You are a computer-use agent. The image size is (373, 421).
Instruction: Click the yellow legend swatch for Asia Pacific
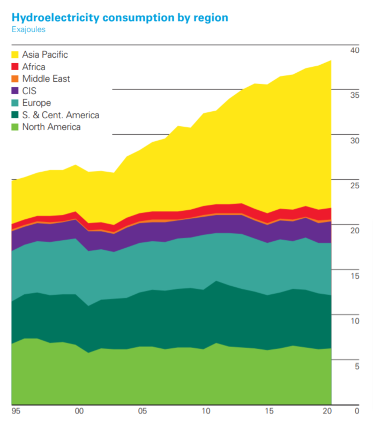(16, 55)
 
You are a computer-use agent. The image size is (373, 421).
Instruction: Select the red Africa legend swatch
(16, 67)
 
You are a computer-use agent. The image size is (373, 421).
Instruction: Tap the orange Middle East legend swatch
(16, 79)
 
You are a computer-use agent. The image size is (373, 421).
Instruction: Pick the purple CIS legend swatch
(16, 91)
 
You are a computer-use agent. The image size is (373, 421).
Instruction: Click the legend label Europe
(36, 103)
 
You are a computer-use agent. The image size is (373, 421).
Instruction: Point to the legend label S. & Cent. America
(61, 115)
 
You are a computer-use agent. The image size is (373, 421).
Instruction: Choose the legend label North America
(51, 127)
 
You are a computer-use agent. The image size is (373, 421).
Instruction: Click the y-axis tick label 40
(354, 50)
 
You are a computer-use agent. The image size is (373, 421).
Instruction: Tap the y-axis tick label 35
(354, 95)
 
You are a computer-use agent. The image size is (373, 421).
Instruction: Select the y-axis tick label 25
(354, 185)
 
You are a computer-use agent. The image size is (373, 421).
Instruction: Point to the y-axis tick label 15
(354, 275)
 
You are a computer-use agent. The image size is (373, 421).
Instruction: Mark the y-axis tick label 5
(356, 366)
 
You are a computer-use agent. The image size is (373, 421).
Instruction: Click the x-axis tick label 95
(16, 411)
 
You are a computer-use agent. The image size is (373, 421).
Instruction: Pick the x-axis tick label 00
(79, 411)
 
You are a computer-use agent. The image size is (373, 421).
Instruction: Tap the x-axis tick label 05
(142, 411)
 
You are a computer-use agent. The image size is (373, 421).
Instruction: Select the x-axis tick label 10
(205, 411)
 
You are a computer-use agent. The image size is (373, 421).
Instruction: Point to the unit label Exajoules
(28, 29)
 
